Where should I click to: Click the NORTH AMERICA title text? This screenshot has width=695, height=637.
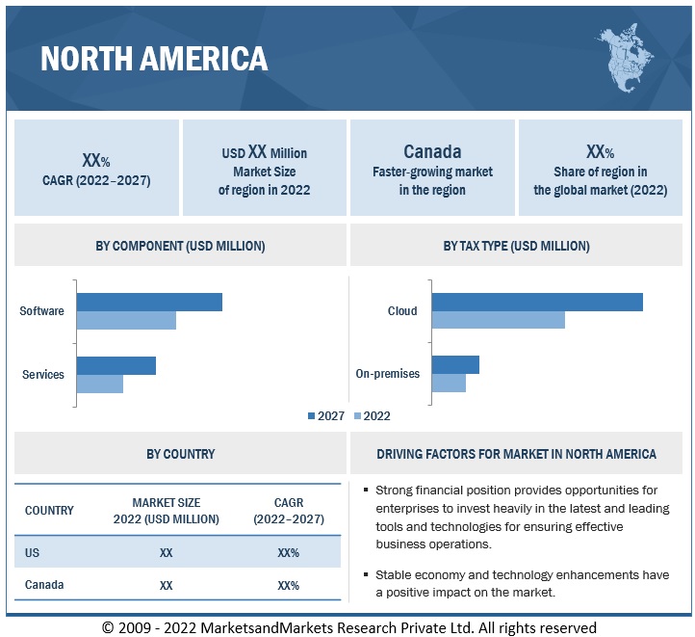coord(154,60)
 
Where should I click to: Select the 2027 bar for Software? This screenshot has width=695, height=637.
coord(149,302)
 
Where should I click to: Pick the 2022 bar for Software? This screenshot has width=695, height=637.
coord(126,320)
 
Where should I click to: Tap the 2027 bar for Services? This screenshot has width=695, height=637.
coord(116,365)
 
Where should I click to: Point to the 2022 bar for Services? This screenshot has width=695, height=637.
coord(100,384)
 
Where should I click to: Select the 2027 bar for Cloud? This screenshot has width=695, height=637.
coord(537,302)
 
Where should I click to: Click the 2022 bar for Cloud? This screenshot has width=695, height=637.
coord(498,320)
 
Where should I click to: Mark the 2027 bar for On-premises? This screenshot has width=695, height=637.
coord(455,364)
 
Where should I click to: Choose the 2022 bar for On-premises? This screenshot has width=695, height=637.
coord(449,383)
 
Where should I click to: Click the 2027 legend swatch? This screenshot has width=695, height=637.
coord(311,416)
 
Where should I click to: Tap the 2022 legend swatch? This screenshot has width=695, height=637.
coord(357,416)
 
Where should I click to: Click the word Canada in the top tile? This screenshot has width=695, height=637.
coord(432,151)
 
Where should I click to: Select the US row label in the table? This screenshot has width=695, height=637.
coord(34,552)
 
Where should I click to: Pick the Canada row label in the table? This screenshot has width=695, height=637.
coord(44,585)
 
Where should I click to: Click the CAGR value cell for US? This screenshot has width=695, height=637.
coord(288,552)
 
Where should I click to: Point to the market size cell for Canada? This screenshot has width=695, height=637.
coord(167,585)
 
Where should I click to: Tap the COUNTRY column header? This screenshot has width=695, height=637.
coord(49,510)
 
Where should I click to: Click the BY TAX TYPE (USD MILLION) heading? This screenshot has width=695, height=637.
coord(516,246)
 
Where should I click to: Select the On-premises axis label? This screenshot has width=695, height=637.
coord(388,373)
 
